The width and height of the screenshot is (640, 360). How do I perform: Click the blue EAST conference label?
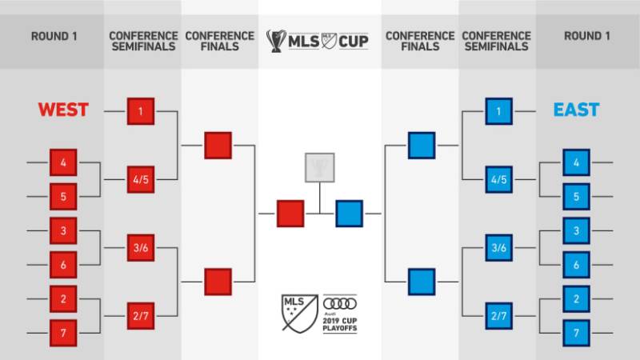(576, 110)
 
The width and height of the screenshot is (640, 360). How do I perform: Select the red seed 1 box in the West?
(140, 111)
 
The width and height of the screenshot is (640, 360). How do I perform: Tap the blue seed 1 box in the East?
(499, 111)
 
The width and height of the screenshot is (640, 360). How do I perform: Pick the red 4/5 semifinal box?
(140, 179)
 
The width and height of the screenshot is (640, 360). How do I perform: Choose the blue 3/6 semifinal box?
(499, 247)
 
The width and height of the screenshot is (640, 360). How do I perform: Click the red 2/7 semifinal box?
(140, 316)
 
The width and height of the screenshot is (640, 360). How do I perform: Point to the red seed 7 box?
(63, 332)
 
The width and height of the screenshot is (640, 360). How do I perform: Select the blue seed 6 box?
(576, 265)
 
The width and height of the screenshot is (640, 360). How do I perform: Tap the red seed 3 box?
(63, 230)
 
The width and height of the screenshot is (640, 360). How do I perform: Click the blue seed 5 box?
(576, 197)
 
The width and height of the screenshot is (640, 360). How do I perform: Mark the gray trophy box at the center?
(319, 166)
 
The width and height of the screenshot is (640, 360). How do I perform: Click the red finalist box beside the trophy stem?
(290, 214)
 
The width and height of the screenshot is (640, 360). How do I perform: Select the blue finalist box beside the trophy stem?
(349, 214)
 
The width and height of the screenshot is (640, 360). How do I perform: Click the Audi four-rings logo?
(340, 303)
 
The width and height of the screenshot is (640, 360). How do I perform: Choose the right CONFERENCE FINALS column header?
(419, 41)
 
